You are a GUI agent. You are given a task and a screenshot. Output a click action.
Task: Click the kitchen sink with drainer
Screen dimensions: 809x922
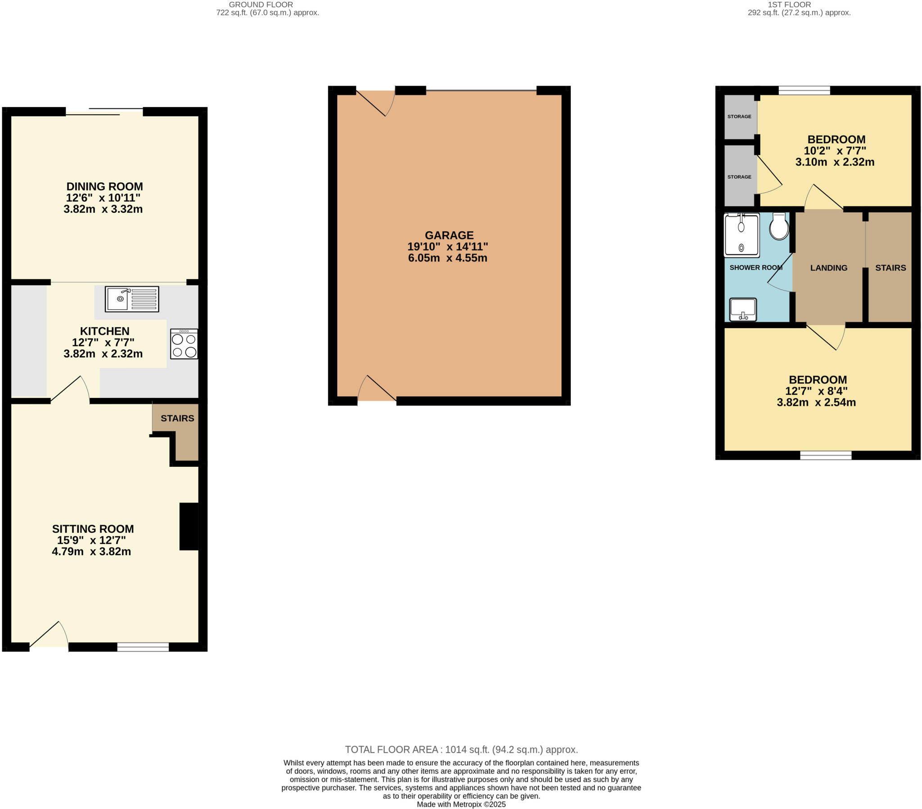coord(132,298)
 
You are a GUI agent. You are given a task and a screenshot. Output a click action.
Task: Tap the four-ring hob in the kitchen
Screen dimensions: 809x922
coord(184,344)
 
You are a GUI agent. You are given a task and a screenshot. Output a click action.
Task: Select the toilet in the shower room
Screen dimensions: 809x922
coord(779,226)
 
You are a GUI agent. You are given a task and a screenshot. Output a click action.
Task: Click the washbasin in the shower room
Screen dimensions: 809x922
coord(743,310)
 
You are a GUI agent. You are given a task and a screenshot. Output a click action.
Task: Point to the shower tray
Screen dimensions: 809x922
coord(741,235)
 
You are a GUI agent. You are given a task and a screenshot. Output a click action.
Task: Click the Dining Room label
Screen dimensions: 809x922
coord(104,186)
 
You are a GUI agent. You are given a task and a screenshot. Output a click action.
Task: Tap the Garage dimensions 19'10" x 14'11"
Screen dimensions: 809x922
coord(447,247)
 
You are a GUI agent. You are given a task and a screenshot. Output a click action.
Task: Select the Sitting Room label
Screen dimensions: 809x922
coord(93,529)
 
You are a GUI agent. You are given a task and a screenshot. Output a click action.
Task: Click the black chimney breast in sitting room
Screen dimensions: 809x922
coord(189,526)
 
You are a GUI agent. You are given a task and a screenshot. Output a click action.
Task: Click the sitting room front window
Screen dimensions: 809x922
coord(143,647)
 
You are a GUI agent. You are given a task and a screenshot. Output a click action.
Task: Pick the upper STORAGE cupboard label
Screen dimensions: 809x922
coord(739,117)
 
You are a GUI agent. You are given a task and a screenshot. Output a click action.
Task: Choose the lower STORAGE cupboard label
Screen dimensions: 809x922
coord(739,177)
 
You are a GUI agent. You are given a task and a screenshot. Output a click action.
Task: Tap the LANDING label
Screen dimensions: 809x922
coord(829,268)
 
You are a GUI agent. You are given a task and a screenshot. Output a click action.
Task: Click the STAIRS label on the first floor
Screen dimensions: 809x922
coord(890,268)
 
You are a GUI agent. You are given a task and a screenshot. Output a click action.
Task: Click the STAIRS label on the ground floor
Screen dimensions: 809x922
coord(177,418)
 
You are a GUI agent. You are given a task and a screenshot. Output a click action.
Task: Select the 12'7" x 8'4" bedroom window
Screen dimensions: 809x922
coord(826,455)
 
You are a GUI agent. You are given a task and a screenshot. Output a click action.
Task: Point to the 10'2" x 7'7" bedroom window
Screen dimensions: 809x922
coord(804,90)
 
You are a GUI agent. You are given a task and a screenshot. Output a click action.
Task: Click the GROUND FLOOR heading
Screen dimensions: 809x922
coord(261,5)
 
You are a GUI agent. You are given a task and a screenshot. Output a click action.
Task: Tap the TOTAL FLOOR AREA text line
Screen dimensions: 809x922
coord(461,750)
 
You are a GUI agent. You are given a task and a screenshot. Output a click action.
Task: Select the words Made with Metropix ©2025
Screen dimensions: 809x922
coord(461,804)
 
